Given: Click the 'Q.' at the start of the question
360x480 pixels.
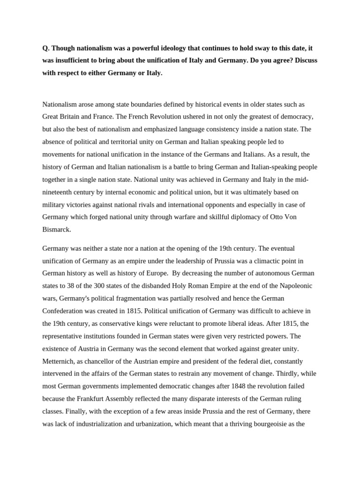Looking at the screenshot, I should [46, 48].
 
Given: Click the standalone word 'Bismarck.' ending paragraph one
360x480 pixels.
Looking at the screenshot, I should [57, 230].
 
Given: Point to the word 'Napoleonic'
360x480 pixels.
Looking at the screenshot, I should [294, 286].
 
